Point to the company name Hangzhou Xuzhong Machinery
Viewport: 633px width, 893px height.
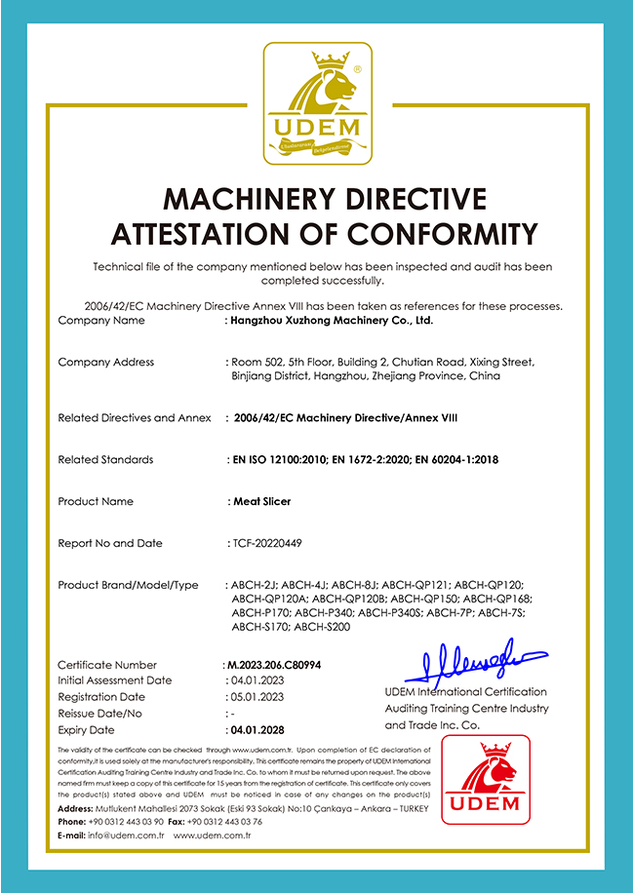pos(331,320)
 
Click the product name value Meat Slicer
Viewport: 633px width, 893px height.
pos(260,501)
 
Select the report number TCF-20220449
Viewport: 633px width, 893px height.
pos(269,543)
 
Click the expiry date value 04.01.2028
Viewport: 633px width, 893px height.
pos(256,729)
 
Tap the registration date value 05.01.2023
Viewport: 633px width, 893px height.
pos(256,697)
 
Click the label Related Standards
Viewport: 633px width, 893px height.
pos(105,459)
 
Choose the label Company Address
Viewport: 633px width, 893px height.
pos(106,362)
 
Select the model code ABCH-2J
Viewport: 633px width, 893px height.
pos(253,585)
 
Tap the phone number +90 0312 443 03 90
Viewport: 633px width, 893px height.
pos(126,821)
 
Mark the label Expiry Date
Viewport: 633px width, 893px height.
pos(86,729)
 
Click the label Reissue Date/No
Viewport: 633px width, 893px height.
pos(100,714)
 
